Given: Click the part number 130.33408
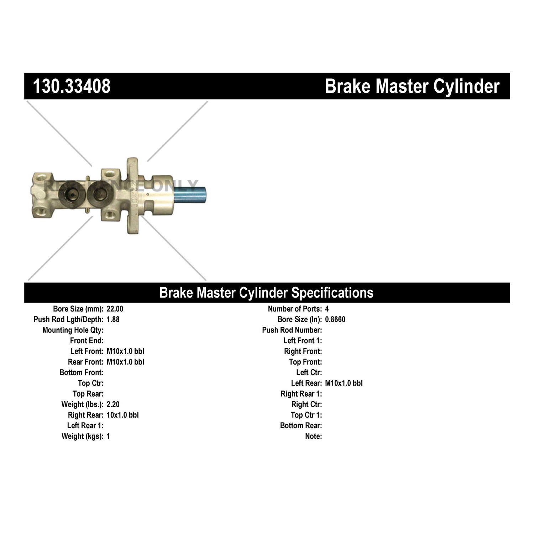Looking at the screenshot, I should click(x=72, y=87).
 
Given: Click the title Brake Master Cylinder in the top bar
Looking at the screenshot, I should click(x=412, y=87).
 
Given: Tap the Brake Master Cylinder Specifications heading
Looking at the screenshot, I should click(x=266, y=293).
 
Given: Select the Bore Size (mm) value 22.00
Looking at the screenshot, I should click(x=115, y=309).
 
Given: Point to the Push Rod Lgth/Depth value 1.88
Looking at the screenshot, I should click(x=113, y=319).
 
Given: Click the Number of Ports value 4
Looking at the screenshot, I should click(x=327, y=309).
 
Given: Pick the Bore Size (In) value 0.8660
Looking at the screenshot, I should click(x=335, y=319).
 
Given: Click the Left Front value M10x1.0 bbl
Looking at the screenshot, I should click(x=125, y=351).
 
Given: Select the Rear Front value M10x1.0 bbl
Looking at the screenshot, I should click(x=125, y=362).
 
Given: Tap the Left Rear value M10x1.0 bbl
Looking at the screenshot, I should click(x=344, y=383).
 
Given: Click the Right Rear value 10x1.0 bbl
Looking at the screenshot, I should click(x=122, y=415).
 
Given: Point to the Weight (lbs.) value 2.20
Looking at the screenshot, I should click(x=113, y=404).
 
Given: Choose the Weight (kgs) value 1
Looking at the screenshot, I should click(x=108, y=436).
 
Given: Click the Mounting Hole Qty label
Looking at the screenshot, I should click(x=73, y=330).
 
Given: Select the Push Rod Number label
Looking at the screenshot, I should click(x=292, y=330).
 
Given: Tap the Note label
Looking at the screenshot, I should click(x=313, y=436).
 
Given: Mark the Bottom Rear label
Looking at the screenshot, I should click(x=301, y=425).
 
